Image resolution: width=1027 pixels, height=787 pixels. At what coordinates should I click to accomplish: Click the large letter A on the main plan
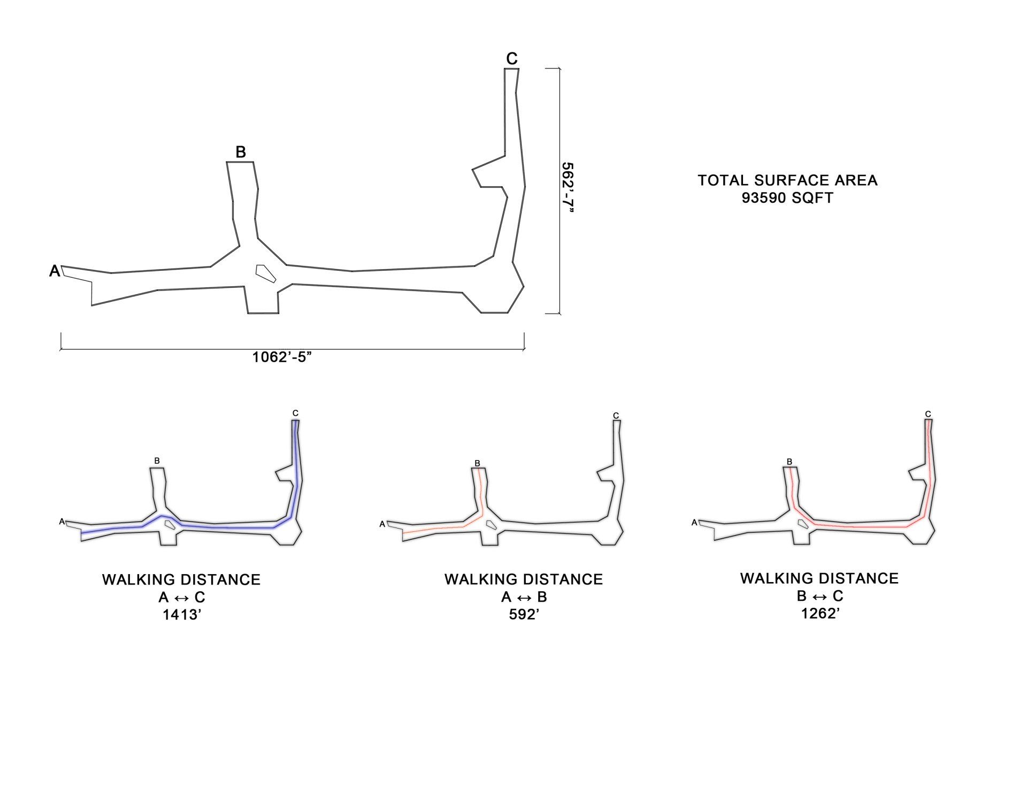click(55, 271)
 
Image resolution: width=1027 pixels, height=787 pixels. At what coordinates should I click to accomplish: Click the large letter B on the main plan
click(241, 152)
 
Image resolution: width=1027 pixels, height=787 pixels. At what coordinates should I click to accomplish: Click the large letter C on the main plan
click(512, 58)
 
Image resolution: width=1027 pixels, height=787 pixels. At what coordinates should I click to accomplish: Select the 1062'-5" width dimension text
click(282, 357)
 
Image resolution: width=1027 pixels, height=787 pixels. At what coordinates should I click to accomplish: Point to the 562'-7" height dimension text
click(568, 188)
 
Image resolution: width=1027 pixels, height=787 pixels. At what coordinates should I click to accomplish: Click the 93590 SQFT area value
click(787, 198)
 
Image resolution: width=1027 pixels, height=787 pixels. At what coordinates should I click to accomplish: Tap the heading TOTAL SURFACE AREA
click(787, 180)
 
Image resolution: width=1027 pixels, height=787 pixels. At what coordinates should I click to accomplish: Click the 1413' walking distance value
click(182, 615)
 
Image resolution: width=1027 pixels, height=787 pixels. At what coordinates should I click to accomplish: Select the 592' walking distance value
click(524, 614)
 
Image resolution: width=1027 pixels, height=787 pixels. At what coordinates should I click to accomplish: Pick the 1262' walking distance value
click(820, 613)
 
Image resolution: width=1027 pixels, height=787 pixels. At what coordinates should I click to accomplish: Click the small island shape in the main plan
click(265, 273)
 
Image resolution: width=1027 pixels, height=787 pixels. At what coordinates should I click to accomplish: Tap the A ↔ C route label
click(182, 597)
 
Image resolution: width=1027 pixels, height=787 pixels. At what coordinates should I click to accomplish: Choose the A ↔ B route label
click(524, 597)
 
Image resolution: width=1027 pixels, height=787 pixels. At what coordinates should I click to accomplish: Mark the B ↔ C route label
click(820, 595)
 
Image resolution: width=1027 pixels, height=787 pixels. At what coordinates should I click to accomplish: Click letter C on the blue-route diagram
click(295, 413)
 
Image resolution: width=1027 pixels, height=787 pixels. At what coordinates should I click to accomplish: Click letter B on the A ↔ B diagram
click(477, 463)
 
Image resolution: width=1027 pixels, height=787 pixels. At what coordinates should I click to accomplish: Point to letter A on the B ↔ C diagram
click(694, 522)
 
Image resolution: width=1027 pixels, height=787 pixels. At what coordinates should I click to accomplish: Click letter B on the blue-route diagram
click(157, 461)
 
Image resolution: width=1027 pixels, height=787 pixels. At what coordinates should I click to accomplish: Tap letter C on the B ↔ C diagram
click(928, 414)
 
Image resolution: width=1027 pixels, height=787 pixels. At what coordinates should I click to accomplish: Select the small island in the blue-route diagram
click(170, 524)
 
